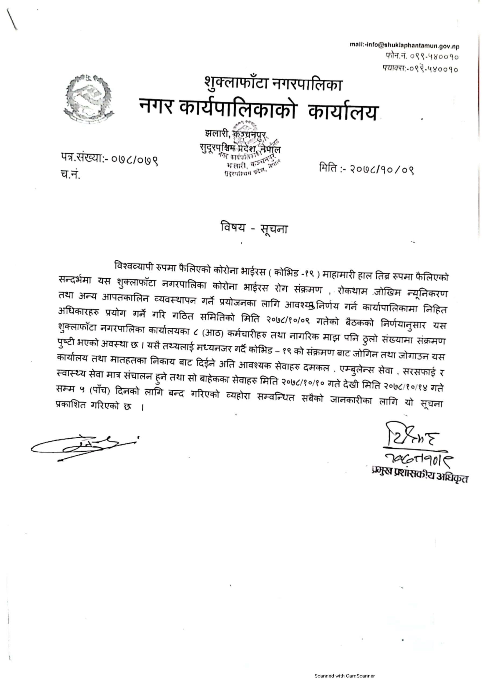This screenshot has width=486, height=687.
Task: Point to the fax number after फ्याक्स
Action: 434,70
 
